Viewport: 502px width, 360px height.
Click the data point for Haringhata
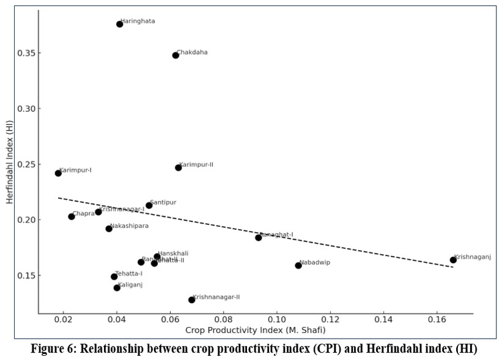(x=120, y=24)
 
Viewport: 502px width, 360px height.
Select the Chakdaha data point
(x=175, y=55)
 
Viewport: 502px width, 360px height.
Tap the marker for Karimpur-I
(x=58, y=173)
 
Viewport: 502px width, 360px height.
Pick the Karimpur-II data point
(x=179, y=167)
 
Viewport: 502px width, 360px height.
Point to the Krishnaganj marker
(x=453, y=260)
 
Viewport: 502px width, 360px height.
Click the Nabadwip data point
(x=298, y=265)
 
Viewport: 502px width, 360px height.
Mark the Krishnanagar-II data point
(x=191, y=299)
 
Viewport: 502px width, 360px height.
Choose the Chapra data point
(x=72, y=216)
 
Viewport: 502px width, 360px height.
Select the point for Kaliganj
(x=117, y=288)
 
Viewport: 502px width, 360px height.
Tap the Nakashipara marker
(x=109, y=229)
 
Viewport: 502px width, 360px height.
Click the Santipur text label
(x=163, y=202)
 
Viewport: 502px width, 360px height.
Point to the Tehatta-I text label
(x=129, y=273)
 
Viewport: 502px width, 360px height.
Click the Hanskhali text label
(x=173, y=253)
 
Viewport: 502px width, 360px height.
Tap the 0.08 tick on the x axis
(x=224, y=320)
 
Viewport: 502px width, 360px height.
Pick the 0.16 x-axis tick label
(x=437, y=320)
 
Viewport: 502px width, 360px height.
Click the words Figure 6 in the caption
(x=58, y=349)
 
